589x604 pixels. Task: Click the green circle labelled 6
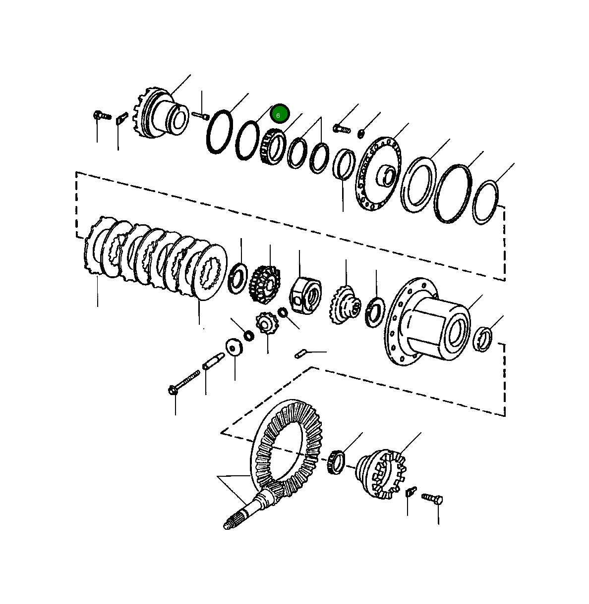tap(279, 114)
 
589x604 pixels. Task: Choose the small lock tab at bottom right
tap(410, 493)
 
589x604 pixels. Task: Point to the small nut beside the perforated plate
tap(362, 132)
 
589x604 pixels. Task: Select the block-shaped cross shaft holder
tap(305, 296)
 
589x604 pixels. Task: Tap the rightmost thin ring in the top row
tap(485, 202)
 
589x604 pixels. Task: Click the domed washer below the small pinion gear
tap(234, 347)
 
